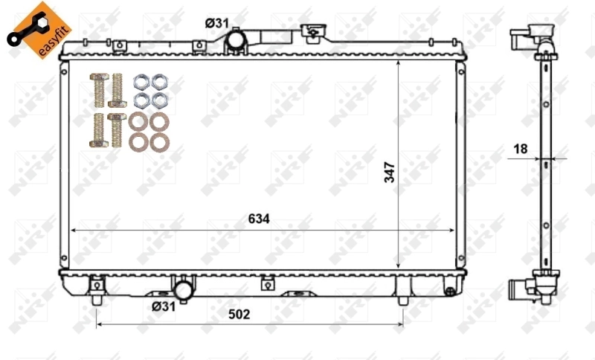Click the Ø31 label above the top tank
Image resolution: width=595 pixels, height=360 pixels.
tap(216, 23)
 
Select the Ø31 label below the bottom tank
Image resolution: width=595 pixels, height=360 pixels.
tap(164, 306)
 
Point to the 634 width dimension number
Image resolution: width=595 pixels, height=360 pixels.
tap(258, 219)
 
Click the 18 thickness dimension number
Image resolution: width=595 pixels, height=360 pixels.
tap(520, 149)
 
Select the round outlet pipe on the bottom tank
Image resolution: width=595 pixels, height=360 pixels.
tap(183, 288)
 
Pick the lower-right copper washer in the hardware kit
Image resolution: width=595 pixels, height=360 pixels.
tap(157, 141)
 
